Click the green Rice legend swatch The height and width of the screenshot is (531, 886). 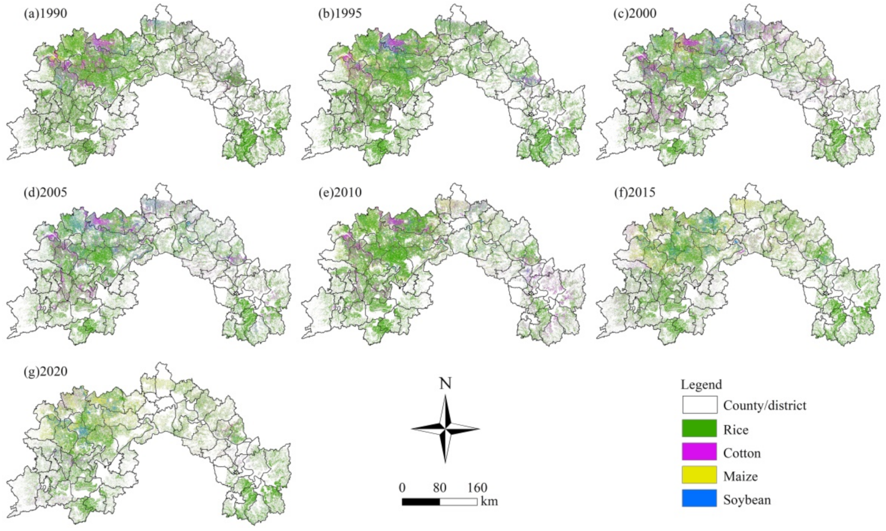click(699, 429)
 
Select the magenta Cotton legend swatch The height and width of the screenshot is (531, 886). click(699, 452)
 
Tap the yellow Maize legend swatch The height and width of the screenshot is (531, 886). click(699, 476)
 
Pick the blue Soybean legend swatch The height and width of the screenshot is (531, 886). click(699, 499)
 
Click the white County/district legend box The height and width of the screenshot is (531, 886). click(699, 405)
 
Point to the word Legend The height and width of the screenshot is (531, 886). click(701, 385)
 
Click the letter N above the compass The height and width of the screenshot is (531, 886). click(445, 383)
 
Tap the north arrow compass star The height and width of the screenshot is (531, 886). click(445, 429)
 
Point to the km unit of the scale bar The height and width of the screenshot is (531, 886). click(489, 501)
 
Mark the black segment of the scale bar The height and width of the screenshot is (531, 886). click(421, 501)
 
